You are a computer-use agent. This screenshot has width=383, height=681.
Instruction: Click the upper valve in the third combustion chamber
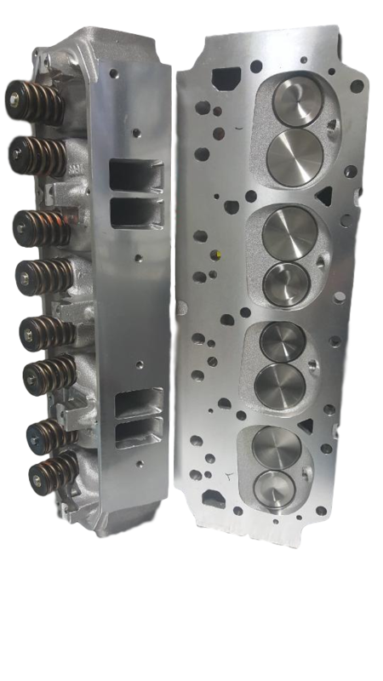[x=280, y=340]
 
